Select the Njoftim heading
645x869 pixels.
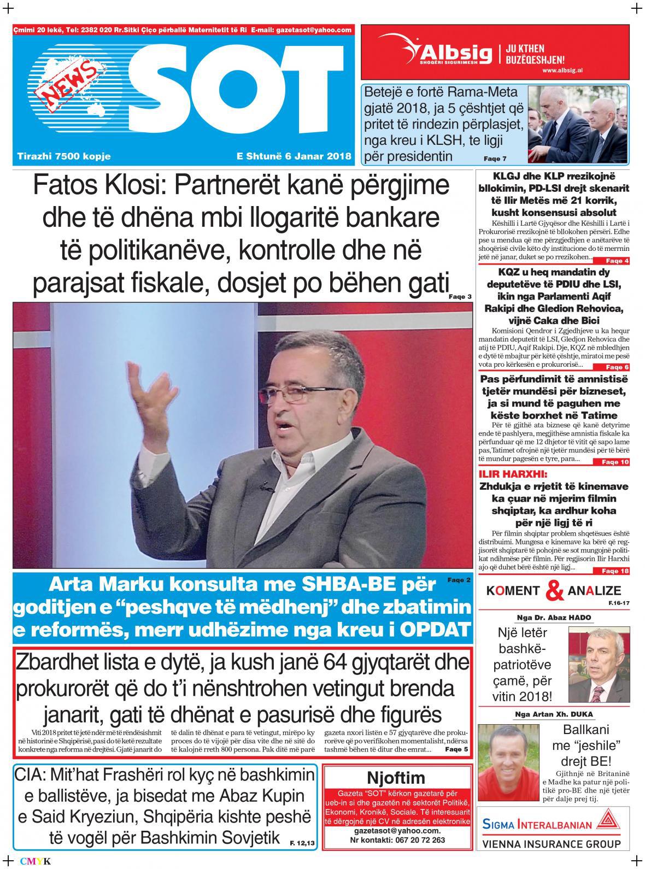pos(396,778)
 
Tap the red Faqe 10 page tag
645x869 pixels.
pos(615,462)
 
